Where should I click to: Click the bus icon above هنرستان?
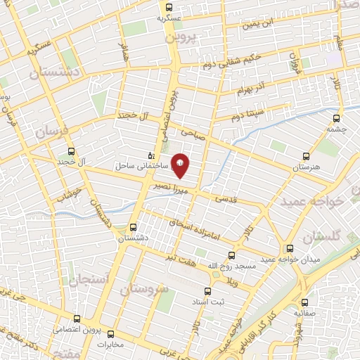(x=304, y=156)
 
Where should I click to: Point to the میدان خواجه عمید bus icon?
(x=290, y=248)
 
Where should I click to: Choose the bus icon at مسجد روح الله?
(x=231, y=256)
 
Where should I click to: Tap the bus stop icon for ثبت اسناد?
(x=207, y=291)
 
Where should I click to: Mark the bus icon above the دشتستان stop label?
(x=134, y=227)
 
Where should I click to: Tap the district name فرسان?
(x=54, y=131)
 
